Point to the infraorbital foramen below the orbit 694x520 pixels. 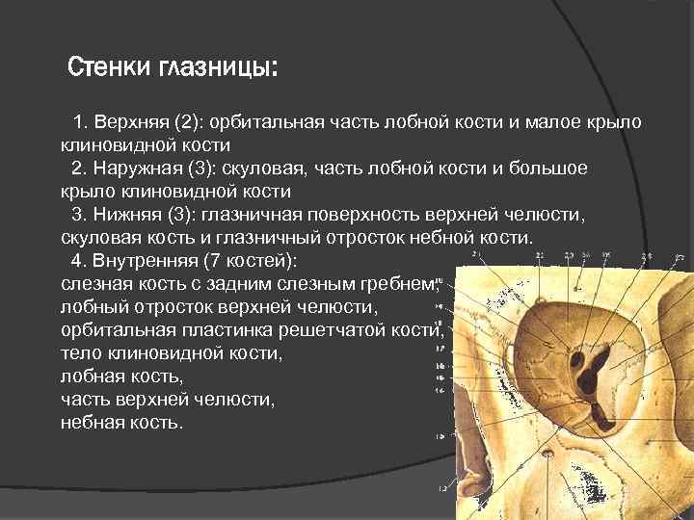click(548, 452)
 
